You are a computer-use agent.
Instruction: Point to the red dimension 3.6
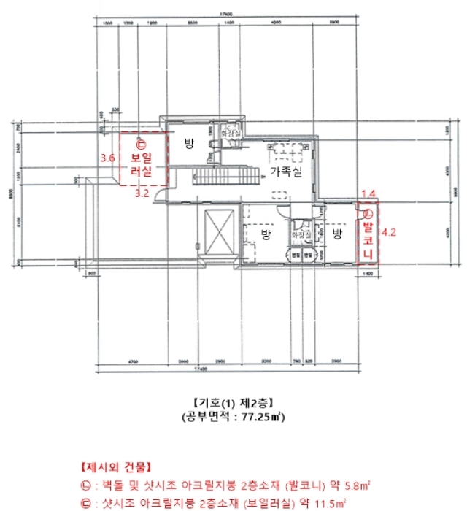point(108,158)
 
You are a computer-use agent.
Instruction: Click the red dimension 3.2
point(142,194)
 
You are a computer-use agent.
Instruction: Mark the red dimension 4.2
point(388,234)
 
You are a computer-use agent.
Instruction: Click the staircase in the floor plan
point(225,175)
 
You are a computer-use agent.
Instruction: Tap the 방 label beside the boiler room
point(189,143)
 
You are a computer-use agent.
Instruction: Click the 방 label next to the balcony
point(337,234)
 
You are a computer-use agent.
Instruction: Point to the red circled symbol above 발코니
point(368,214)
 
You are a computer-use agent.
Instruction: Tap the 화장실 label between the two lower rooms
point(301,234)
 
